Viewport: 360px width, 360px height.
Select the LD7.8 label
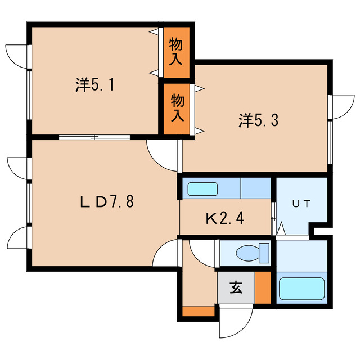coord(105,201)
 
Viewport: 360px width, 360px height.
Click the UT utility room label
coord(301,204)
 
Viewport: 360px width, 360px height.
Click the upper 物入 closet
coord(177,52)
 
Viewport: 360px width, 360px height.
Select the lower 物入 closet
coord(177,108)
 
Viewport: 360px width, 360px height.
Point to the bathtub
coord(302,289)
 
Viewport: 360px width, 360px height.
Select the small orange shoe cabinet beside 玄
coord(262,288)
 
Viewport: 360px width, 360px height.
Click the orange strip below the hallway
coord(199,310)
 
